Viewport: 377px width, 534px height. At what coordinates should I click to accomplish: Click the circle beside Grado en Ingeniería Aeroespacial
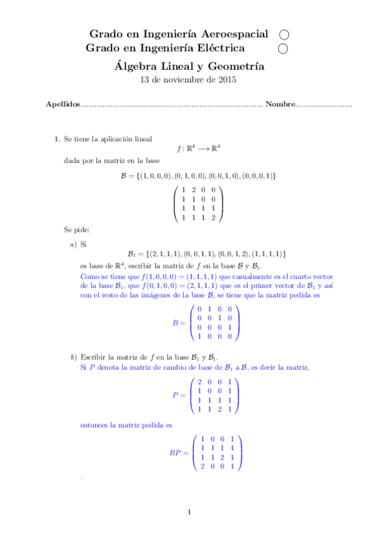click(x=283, y=34)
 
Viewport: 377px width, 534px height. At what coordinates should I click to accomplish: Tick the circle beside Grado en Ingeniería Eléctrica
click(x=283, y=48)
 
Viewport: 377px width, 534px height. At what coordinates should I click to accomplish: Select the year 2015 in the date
click(x=226, y=80)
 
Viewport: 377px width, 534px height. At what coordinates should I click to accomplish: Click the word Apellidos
click(x=63, y=104)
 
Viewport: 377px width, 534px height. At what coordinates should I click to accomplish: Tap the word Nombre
click(x=279, y=104)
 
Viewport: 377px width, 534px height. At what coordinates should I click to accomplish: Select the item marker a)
click(x=74, y=242)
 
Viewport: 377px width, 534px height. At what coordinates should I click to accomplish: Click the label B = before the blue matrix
click(x=179, y=323)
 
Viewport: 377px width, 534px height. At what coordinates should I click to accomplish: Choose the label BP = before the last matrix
click(x=178, y=453)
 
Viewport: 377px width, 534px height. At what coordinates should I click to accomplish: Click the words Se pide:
click(x=77, y=230)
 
